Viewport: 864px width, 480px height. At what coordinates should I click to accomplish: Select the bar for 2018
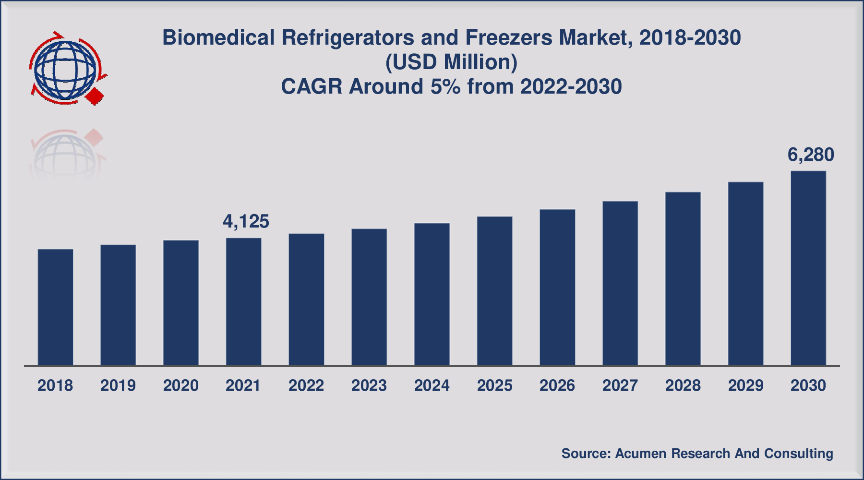click(56, 307)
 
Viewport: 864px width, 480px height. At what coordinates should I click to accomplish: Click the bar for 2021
click(244, 301)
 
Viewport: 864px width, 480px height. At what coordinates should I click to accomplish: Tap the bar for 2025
click(495, 291)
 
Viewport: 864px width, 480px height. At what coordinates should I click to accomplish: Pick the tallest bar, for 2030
click(808, 268)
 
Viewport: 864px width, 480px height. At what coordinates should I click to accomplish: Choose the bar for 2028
click(683, 278)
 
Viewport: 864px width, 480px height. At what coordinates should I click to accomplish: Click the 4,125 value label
click(246, 221)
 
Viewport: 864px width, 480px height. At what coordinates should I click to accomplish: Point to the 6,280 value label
click(811, 155)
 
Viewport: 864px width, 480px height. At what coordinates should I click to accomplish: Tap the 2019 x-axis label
click(118, 385)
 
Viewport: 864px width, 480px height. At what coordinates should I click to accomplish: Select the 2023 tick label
click(369, 385)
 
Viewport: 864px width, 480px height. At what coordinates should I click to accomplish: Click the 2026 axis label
click(557, 385)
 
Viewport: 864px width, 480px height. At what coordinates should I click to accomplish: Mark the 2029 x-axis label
click(745, 385)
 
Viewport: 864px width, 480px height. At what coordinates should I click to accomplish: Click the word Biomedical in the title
click(218, 37)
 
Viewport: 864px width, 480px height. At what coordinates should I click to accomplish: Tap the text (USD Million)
click(451, 62)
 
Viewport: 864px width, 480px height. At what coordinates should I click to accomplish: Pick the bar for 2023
click(369, 297)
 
